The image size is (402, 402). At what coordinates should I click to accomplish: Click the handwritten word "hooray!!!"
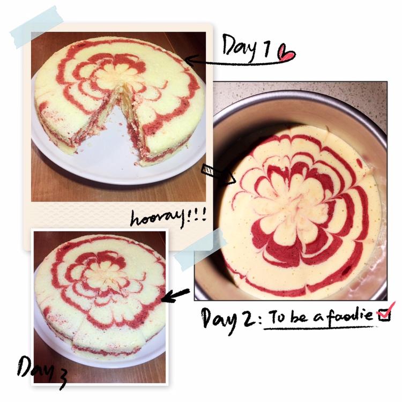coord(168,219)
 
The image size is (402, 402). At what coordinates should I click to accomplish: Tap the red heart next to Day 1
coord(286,53)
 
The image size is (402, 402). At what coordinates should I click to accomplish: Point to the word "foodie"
coord(349,315)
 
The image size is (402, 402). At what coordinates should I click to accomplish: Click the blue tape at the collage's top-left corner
coord(36,27)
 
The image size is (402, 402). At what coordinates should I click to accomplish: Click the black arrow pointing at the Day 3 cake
coord(176,295)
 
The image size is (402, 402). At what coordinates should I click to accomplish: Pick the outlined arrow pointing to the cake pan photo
coord(218,175)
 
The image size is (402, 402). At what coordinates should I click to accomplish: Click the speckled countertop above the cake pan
coord(300,87)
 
